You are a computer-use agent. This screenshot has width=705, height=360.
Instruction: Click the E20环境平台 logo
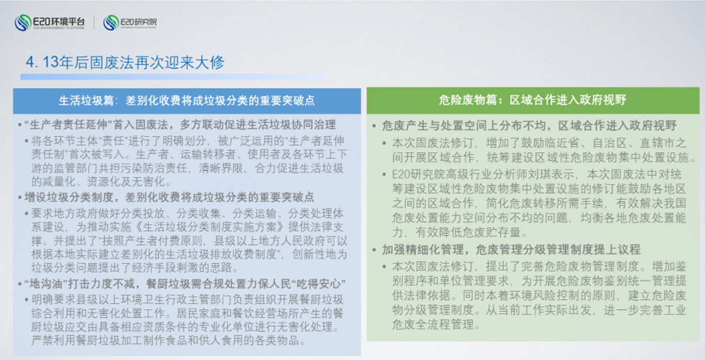50,23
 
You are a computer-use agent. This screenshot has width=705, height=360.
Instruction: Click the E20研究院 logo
129,23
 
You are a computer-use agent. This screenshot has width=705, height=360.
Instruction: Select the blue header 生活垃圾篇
187,101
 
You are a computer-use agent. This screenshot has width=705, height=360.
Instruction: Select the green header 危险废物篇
533,100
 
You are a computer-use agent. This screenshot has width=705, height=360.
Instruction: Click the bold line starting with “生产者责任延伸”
180,125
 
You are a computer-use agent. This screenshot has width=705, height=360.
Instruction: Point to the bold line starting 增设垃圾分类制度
169,198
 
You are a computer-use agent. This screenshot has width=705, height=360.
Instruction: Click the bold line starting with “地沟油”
185,284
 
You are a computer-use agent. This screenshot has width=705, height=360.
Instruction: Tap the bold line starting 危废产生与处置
529,125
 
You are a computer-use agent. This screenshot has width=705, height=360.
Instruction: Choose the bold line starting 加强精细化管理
511,250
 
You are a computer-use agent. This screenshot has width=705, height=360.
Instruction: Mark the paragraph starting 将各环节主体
189,161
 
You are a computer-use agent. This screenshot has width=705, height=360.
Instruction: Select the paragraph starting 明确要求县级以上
187,320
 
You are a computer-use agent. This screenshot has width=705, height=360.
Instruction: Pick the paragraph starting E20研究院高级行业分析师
539,203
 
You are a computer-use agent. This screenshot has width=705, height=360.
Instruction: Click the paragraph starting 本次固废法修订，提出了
539,296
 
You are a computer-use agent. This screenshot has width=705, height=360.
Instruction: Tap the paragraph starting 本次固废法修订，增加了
544,150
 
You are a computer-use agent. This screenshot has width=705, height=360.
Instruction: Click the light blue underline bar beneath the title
173,76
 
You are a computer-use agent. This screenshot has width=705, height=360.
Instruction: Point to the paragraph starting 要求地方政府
189,240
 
